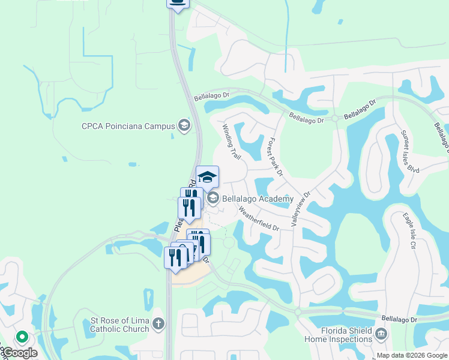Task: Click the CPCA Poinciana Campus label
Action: tap(128, 126)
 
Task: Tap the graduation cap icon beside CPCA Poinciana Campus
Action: tap(184, 126)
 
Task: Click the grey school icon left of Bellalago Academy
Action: tap(212, 198)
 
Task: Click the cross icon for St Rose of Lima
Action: tap(158, 324)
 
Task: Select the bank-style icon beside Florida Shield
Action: tap(381, 334)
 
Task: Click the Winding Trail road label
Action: tap(232, 142)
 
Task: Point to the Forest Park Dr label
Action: tap(275, 157)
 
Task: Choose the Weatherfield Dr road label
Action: tap(259, 220)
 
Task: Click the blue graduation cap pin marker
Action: tap(207, 177)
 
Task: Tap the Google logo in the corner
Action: tap(20, 353)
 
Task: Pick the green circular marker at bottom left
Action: tap(22, 338)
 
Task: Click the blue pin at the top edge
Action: tap(177, 3)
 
